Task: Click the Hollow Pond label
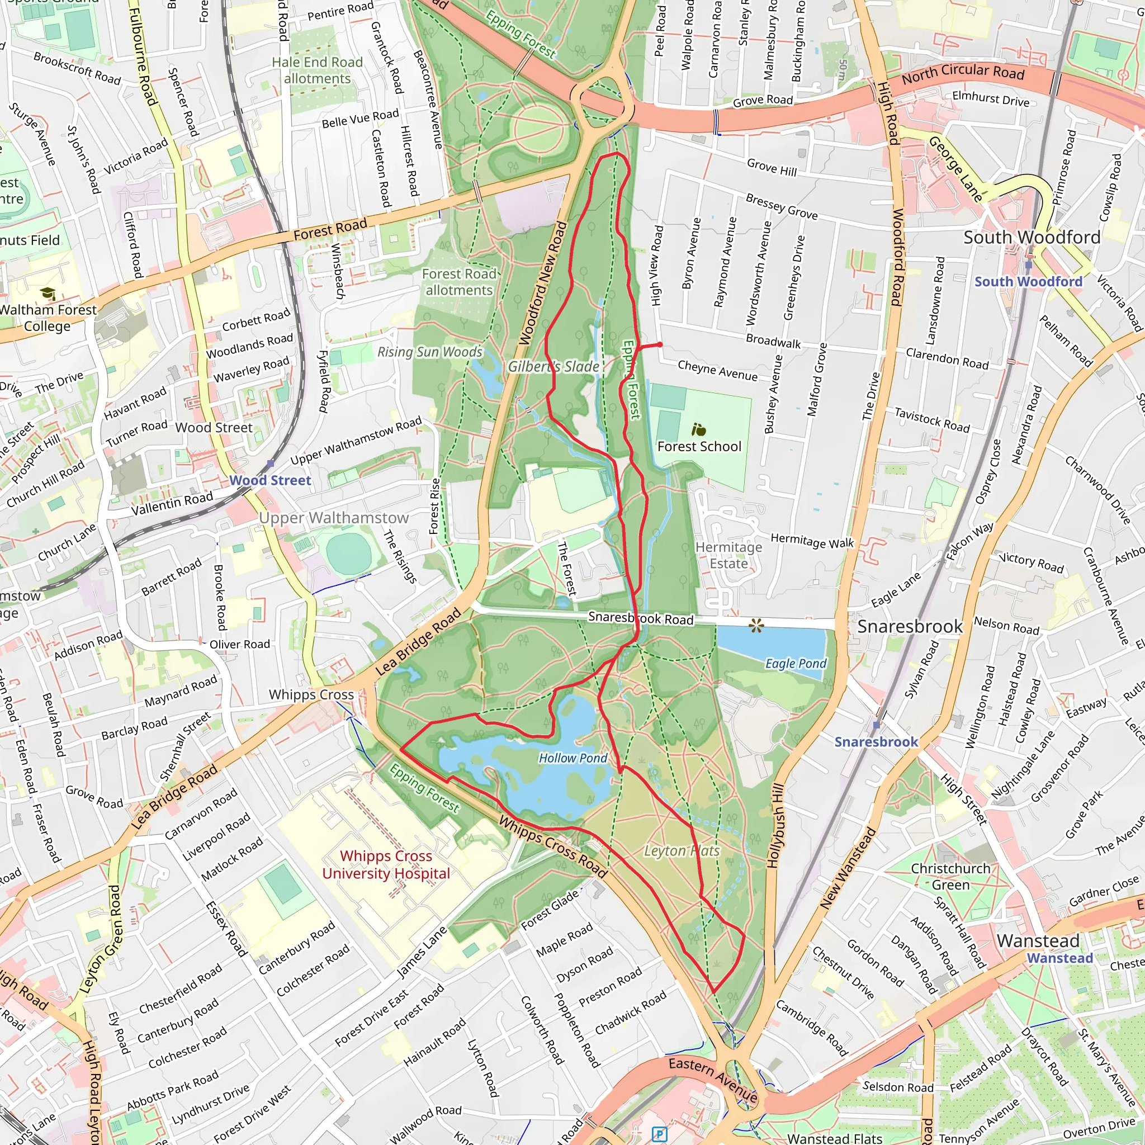(x=572, y=758)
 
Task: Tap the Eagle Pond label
(x=796, y=664)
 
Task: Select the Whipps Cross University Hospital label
(x=386, y=865)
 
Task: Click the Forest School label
(x=699, y=446)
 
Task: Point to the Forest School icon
(x=699, y=429)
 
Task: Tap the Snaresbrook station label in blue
(x=876, y=742)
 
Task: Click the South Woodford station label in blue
(x=1028, y=282)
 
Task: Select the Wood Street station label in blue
(x=269, y=481)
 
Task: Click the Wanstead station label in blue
(x=1059, y=958)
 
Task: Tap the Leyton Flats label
(x=682, y=851)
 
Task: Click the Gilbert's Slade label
(x=553, y=367)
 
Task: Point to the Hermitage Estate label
(x=728, y=555)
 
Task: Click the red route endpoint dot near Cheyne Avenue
(x=660, y=344)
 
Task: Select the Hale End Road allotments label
(x=317, y=70)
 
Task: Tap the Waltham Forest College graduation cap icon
(x=48, y=294)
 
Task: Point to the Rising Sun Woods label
(x=430, y=352)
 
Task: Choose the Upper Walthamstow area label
(x=334, y=518)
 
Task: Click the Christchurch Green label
(x=950, y=877)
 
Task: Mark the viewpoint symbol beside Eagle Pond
(x=756, y=625)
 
